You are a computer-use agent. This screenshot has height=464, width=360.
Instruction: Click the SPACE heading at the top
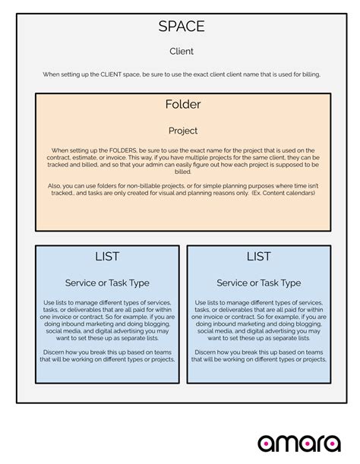pyautogui.click(x=182, y=27)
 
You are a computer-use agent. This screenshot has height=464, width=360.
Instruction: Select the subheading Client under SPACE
pyautogui.click(x=182, y=52)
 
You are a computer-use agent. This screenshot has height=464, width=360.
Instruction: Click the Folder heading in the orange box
pyautogui.click(x=182, y=104)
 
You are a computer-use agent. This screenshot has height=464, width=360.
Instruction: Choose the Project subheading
pyautogui.click(x=182, y=131)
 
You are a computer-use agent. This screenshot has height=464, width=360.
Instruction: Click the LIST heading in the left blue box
pyautogui.click(x=107, y=257)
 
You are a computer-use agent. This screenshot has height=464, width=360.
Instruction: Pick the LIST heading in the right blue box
pyautogui.click(x=258, y=257)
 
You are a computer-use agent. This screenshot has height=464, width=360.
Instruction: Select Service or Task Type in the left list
pyautogui.click(x=107, y=283)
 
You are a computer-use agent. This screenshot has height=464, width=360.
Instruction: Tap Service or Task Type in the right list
pyautogui.click(x=258, y=283)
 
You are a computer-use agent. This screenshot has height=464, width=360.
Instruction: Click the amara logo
pyautogui.click(x=298, y=443)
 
